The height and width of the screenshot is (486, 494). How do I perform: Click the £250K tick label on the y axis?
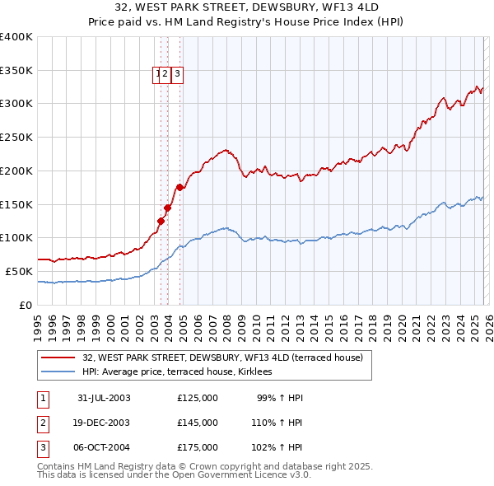pyautogui.click(x=16, y=138)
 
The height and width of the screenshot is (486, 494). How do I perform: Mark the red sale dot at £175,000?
pyautogui.click(x=179, y=188)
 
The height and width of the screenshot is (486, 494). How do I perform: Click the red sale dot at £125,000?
pyautogui.click(x=161, y=221)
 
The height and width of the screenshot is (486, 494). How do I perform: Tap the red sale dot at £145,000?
pyautogui.click(x=167, y=208)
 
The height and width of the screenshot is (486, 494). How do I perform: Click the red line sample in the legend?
pyautogui.click(x=58, y=358)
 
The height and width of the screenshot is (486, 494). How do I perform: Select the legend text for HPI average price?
pyautogui.click(x=183, y=372)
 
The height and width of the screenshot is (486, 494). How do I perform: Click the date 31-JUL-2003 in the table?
pyautogui.click(x=104, y=398)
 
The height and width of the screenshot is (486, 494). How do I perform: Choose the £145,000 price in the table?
pyautogui.click(x=198, y=423)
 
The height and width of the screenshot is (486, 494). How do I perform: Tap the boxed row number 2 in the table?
pyautogui.click(x=41, y=423)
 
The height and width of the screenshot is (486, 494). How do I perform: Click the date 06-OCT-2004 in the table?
pyautogui.click(x=104, y=447)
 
